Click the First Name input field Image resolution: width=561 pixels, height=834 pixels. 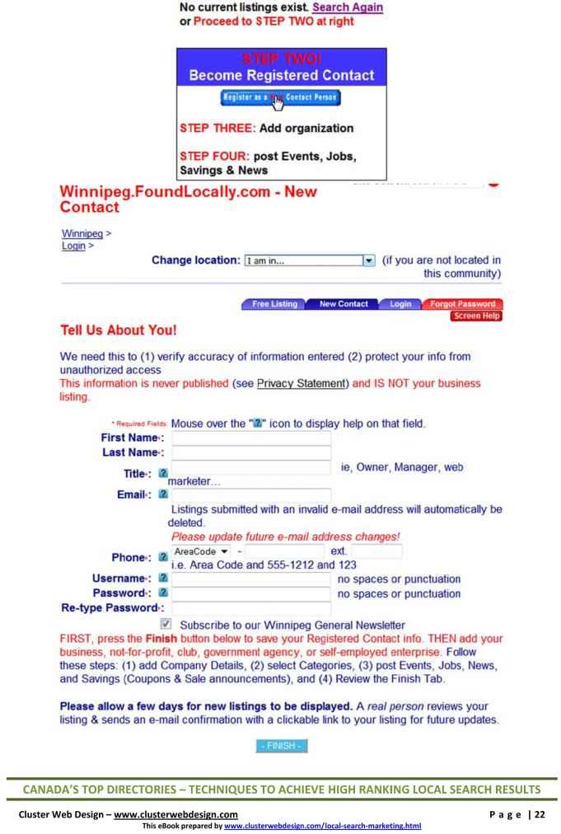[251, 438]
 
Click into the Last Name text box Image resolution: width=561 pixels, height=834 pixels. [251, 453]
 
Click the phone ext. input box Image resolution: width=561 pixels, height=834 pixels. [376, 551]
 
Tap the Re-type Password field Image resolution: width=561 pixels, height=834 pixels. [251, 609]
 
